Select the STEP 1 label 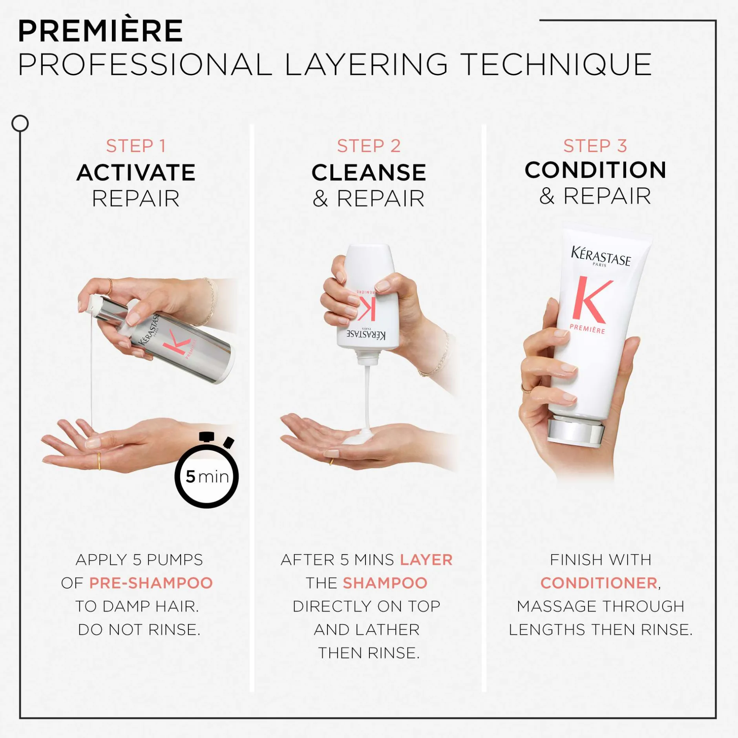(x=136, y=146)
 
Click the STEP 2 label (x=369, y=146)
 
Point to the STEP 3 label (x=595, y=146)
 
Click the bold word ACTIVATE (x=136, y=172)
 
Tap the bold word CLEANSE (x=369, y=172)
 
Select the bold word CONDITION (x=596, y=170)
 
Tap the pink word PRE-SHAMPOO (x=151, y=583)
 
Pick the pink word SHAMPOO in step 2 (x=385, y=583)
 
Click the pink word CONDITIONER (x=599, y=583)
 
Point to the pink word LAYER (x=426, y=560)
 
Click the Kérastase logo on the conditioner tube (x=601, y=257)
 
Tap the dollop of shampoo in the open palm (x=358, y=436)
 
